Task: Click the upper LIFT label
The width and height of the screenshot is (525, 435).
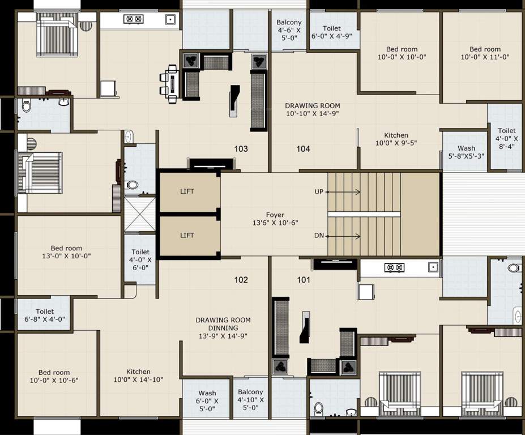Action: [x=187, y=191]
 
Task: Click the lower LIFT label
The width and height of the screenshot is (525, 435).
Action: [x=187, y=235]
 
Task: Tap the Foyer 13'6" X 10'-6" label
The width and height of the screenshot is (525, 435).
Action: [x=275, y=219]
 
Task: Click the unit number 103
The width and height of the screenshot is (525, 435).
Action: [x=241, y=149]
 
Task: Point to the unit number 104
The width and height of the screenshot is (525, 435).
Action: [x=304, y=149]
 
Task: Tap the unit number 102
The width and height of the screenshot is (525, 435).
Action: [x=241, y=279]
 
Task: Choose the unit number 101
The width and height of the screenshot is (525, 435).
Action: [x=304, y=279]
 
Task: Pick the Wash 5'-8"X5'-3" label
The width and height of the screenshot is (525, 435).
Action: [x=466, y=152]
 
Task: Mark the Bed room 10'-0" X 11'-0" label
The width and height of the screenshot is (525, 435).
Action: [x=485, y=53]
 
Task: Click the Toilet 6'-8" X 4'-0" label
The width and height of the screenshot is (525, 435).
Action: [x=45, y=315]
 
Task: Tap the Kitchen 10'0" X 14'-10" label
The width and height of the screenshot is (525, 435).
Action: [x=138, y=376]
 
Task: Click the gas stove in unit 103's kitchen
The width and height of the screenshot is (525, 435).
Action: [x=134, y=19]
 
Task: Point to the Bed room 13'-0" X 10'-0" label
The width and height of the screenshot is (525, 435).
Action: [x=66, y=252]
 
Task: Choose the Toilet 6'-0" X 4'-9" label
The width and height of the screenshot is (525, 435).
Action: [x=332, y=32]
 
